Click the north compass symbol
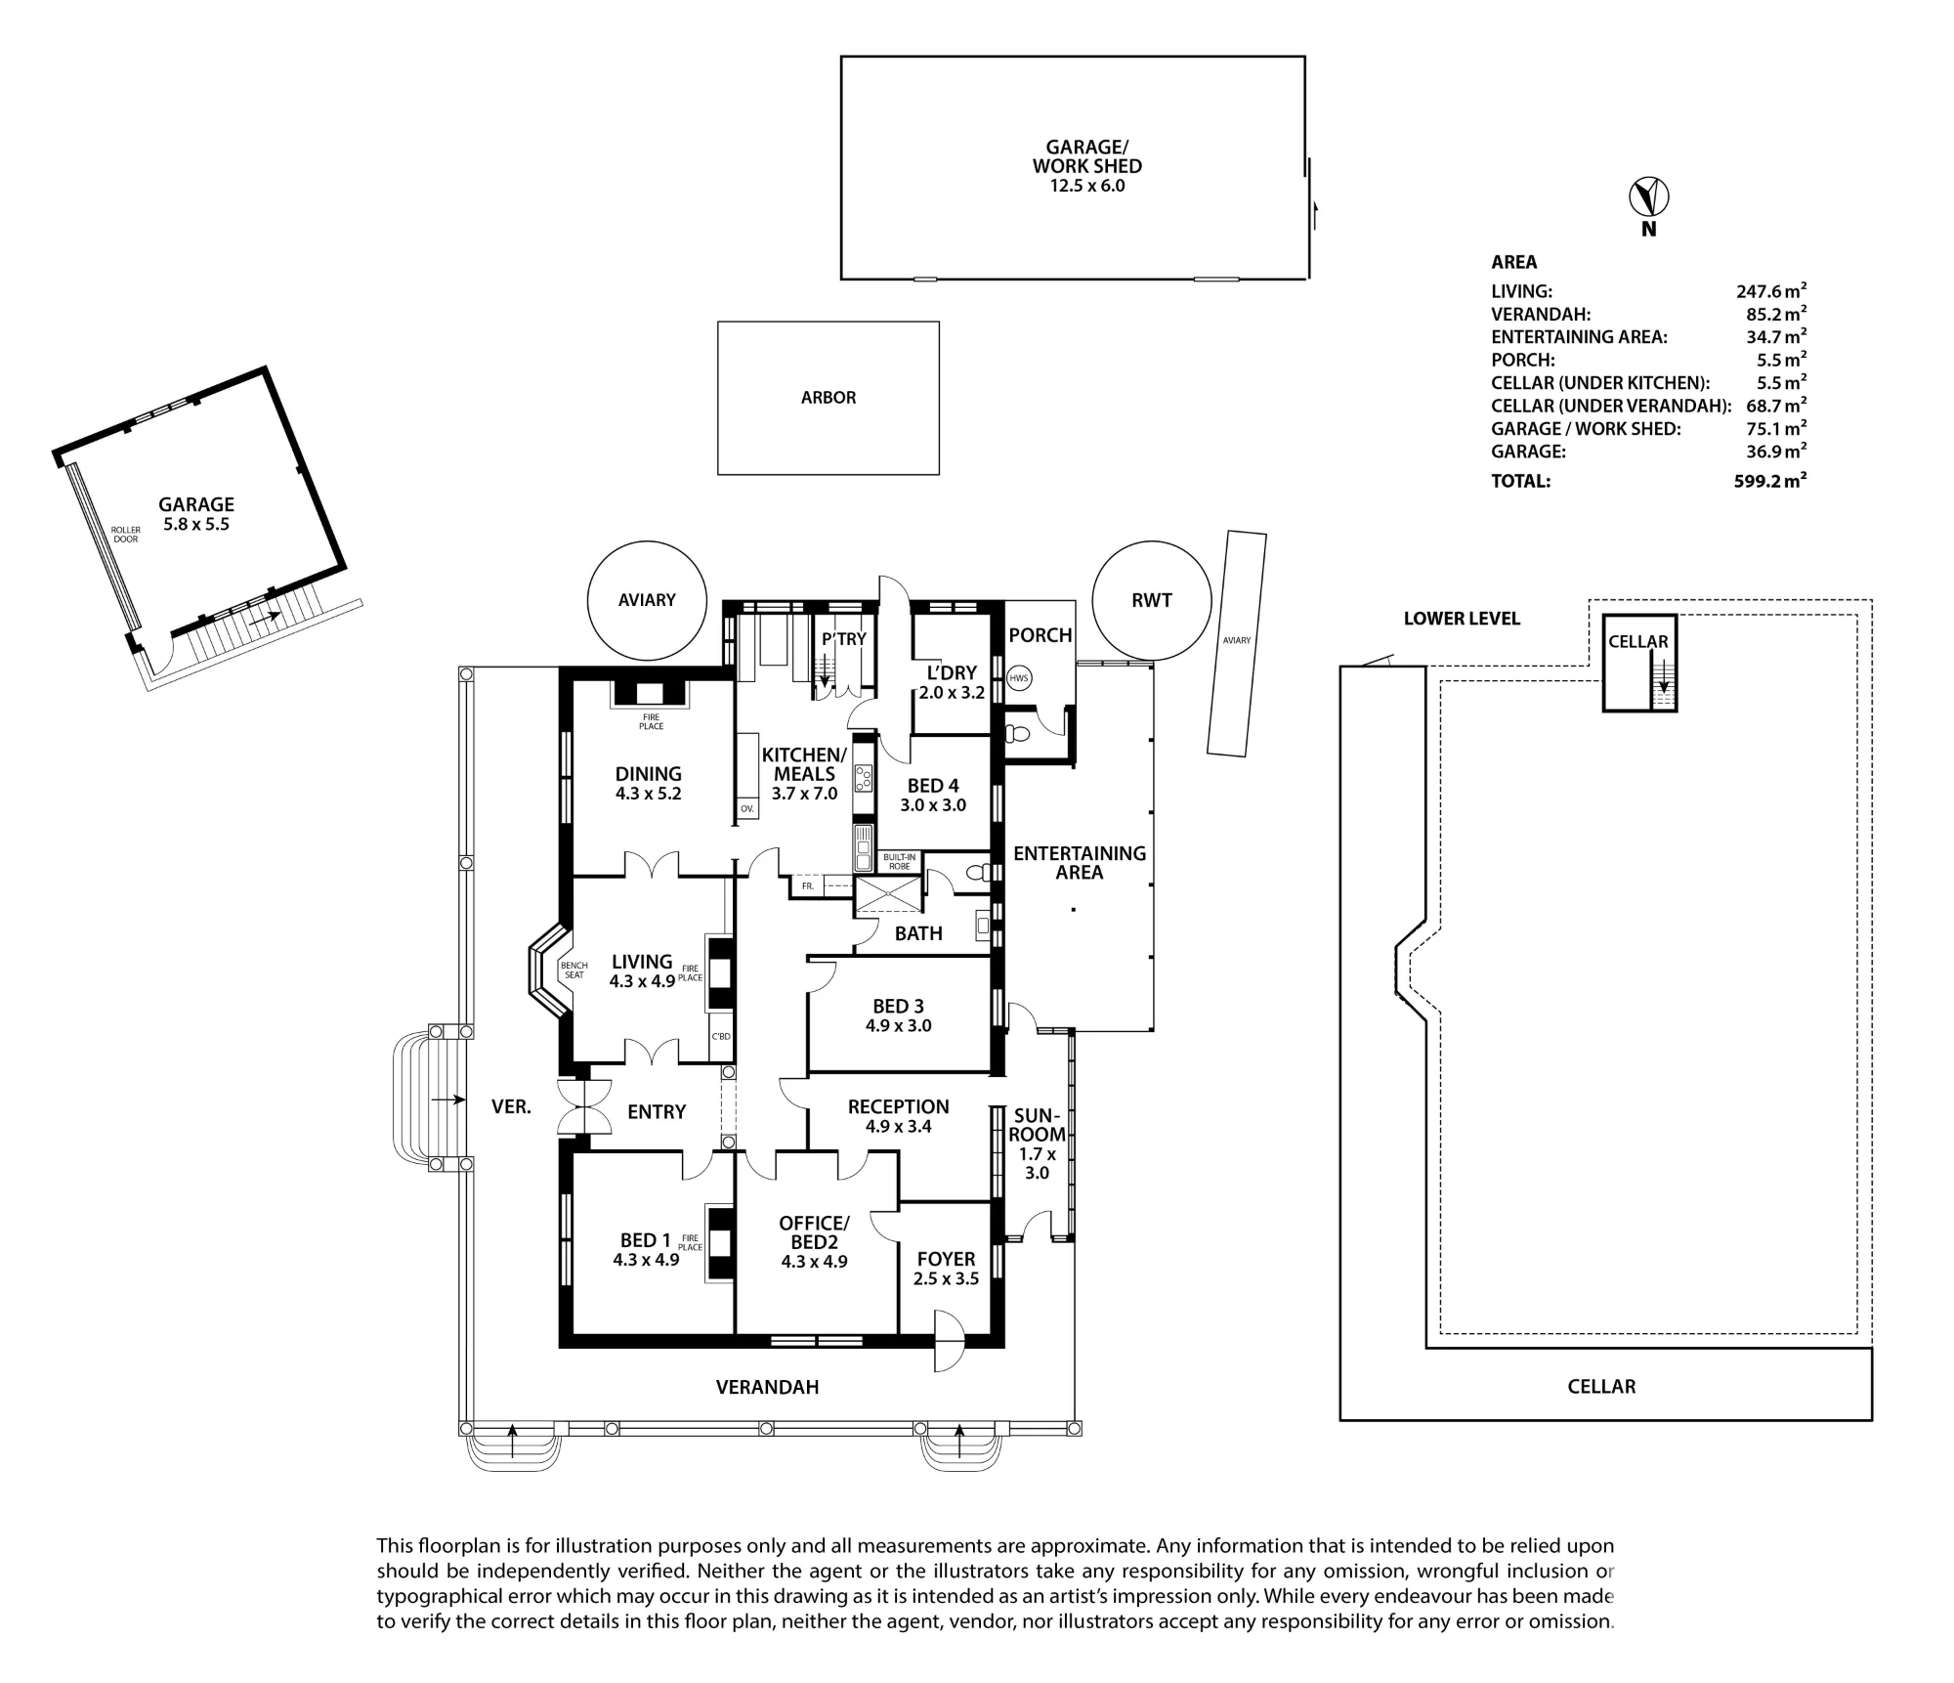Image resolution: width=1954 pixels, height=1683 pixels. (1649, 197)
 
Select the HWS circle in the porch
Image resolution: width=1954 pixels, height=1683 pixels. (1019, 678)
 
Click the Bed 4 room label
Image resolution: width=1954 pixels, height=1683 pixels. (933, 786)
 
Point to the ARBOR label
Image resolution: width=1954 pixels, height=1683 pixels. (828, 398)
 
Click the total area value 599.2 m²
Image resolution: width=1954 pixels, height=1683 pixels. (1770, 480)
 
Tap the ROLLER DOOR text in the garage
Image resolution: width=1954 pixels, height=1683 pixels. (126, 535)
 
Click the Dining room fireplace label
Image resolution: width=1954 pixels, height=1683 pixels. (652, 721)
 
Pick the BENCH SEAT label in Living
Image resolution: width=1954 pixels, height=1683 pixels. (574, 971)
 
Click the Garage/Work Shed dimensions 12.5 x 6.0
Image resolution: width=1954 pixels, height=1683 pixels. (1087, 186)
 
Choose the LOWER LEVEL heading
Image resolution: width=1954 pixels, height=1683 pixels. (1462, 619)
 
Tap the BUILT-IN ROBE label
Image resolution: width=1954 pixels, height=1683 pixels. (899, 861)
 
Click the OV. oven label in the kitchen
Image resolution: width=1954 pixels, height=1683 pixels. (747, 809)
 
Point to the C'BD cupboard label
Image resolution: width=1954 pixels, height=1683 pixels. (721, 1036)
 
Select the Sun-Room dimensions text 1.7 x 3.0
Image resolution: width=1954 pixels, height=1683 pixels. (1037, 1163)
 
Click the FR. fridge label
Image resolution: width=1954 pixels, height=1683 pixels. (808, 886)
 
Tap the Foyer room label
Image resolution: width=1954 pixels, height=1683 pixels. (946, 1259)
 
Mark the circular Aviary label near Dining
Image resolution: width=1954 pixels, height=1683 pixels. (647, 600)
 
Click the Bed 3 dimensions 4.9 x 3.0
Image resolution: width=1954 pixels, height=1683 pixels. (898, 1026)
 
